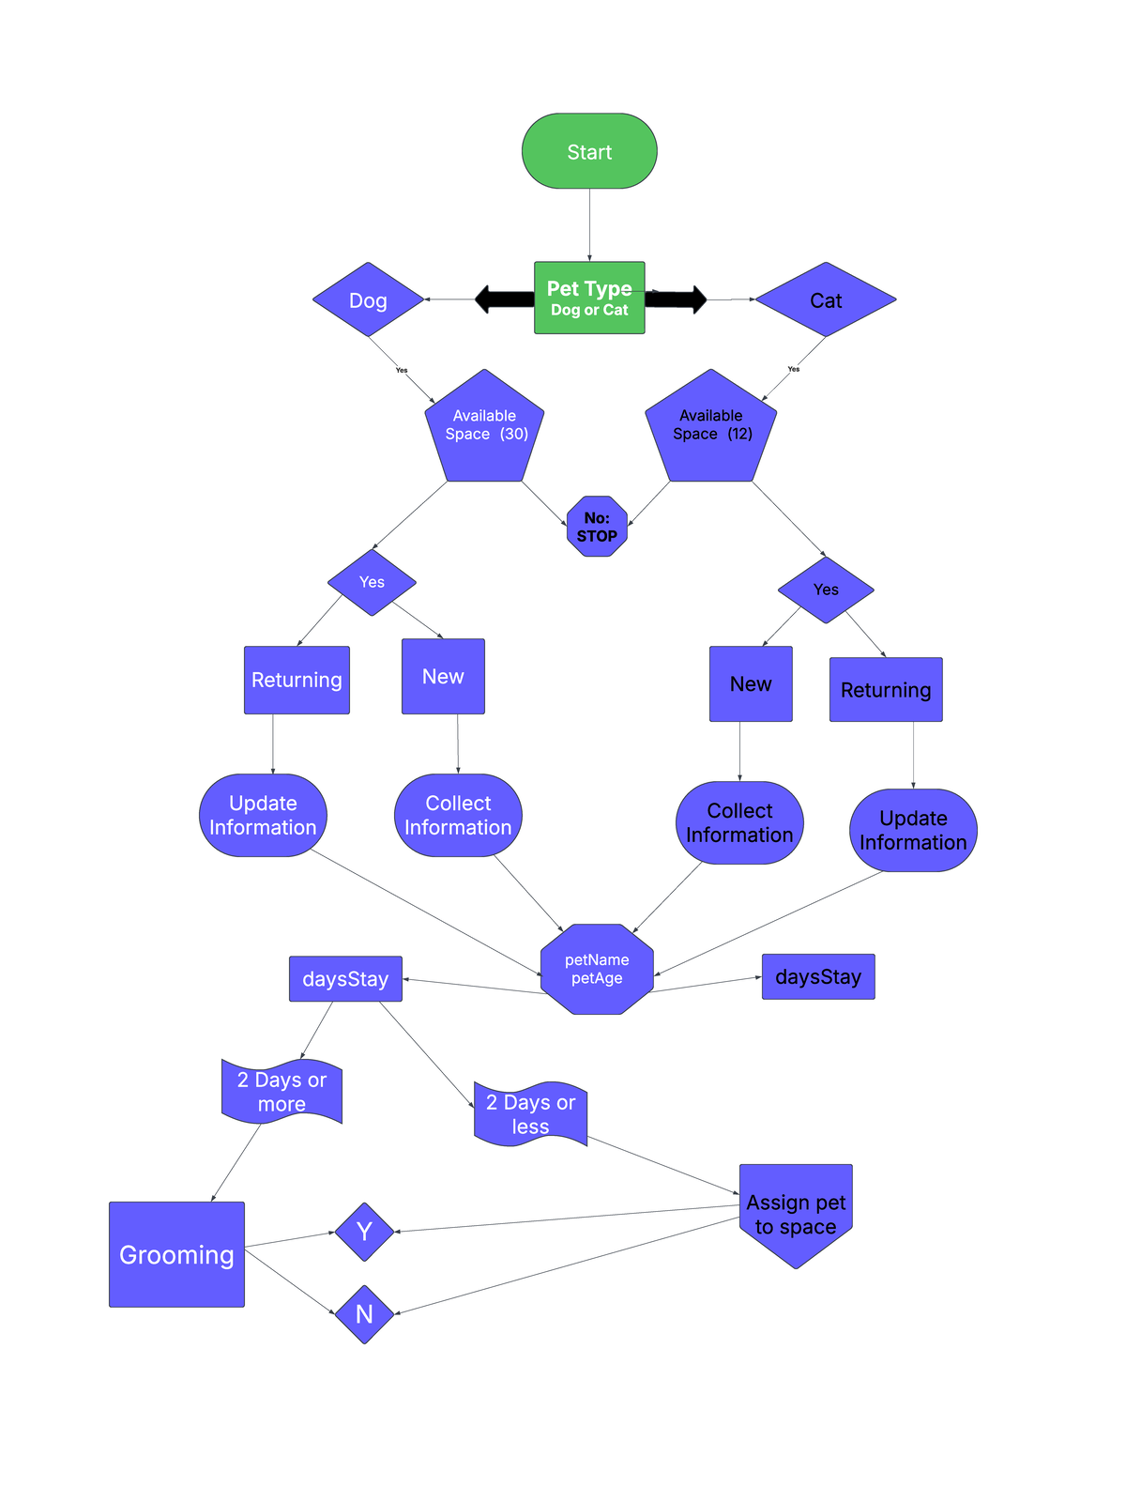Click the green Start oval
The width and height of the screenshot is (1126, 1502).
(x=589, y=151)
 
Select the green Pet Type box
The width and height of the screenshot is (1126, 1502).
(x=589, y=298)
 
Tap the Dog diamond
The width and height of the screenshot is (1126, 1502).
(x=368, y=299)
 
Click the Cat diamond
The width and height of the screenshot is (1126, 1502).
(x=826, y=299)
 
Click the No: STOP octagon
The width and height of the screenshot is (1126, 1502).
(x=597, y=527)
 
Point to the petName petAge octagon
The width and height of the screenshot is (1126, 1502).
(x=597, y=969)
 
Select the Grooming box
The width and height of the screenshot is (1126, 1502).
(x=176, y=1254)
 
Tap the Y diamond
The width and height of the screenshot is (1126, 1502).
(x=364, y=1232)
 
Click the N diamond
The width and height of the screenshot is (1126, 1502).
(x=364, y=1314)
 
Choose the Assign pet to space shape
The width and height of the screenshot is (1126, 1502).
(x=796, y=1213)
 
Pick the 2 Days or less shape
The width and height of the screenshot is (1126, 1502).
(x=530, y=1114)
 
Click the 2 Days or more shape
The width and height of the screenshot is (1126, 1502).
(x=281, y=1092)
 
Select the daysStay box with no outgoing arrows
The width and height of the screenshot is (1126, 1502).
(x=818, y=976)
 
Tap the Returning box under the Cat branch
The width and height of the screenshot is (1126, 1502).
(x=886, y=690)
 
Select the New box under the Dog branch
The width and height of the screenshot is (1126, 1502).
(x=443, y=677)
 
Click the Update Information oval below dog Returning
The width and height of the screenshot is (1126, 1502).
(x=263, y=815)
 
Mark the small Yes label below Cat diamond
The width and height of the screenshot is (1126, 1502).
(x=794, y=369)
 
